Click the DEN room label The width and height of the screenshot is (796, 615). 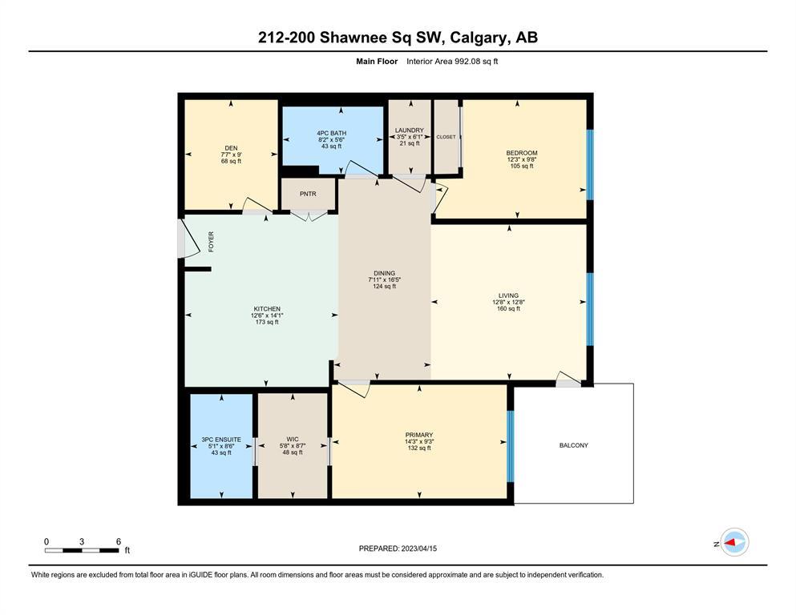231,148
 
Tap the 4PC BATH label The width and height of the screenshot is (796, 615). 332,134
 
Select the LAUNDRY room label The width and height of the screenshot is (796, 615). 409,131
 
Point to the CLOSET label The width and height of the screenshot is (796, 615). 446,137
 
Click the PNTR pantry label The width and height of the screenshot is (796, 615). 308,194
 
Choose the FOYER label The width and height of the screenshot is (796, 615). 211,242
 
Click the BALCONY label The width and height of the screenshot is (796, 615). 574,445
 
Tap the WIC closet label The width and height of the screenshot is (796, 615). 293,439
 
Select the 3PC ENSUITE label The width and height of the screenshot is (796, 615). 221,440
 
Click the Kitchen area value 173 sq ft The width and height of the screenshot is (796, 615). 267,322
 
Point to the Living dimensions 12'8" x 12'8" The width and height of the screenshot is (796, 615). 508,302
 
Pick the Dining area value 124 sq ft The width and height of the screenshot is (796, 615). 384,287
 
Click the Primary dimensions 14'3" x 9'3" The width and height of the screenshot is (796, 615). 419,441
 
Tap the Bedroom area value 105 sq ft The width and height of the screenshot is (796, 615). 522,166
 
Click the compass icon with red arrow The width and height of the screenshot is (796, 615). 734,542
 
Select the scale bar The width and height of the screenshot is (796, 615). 82,550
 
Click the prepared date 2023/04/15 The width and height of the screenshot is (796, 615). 418,549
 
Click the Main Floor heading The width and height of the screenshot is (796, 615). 377,62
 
